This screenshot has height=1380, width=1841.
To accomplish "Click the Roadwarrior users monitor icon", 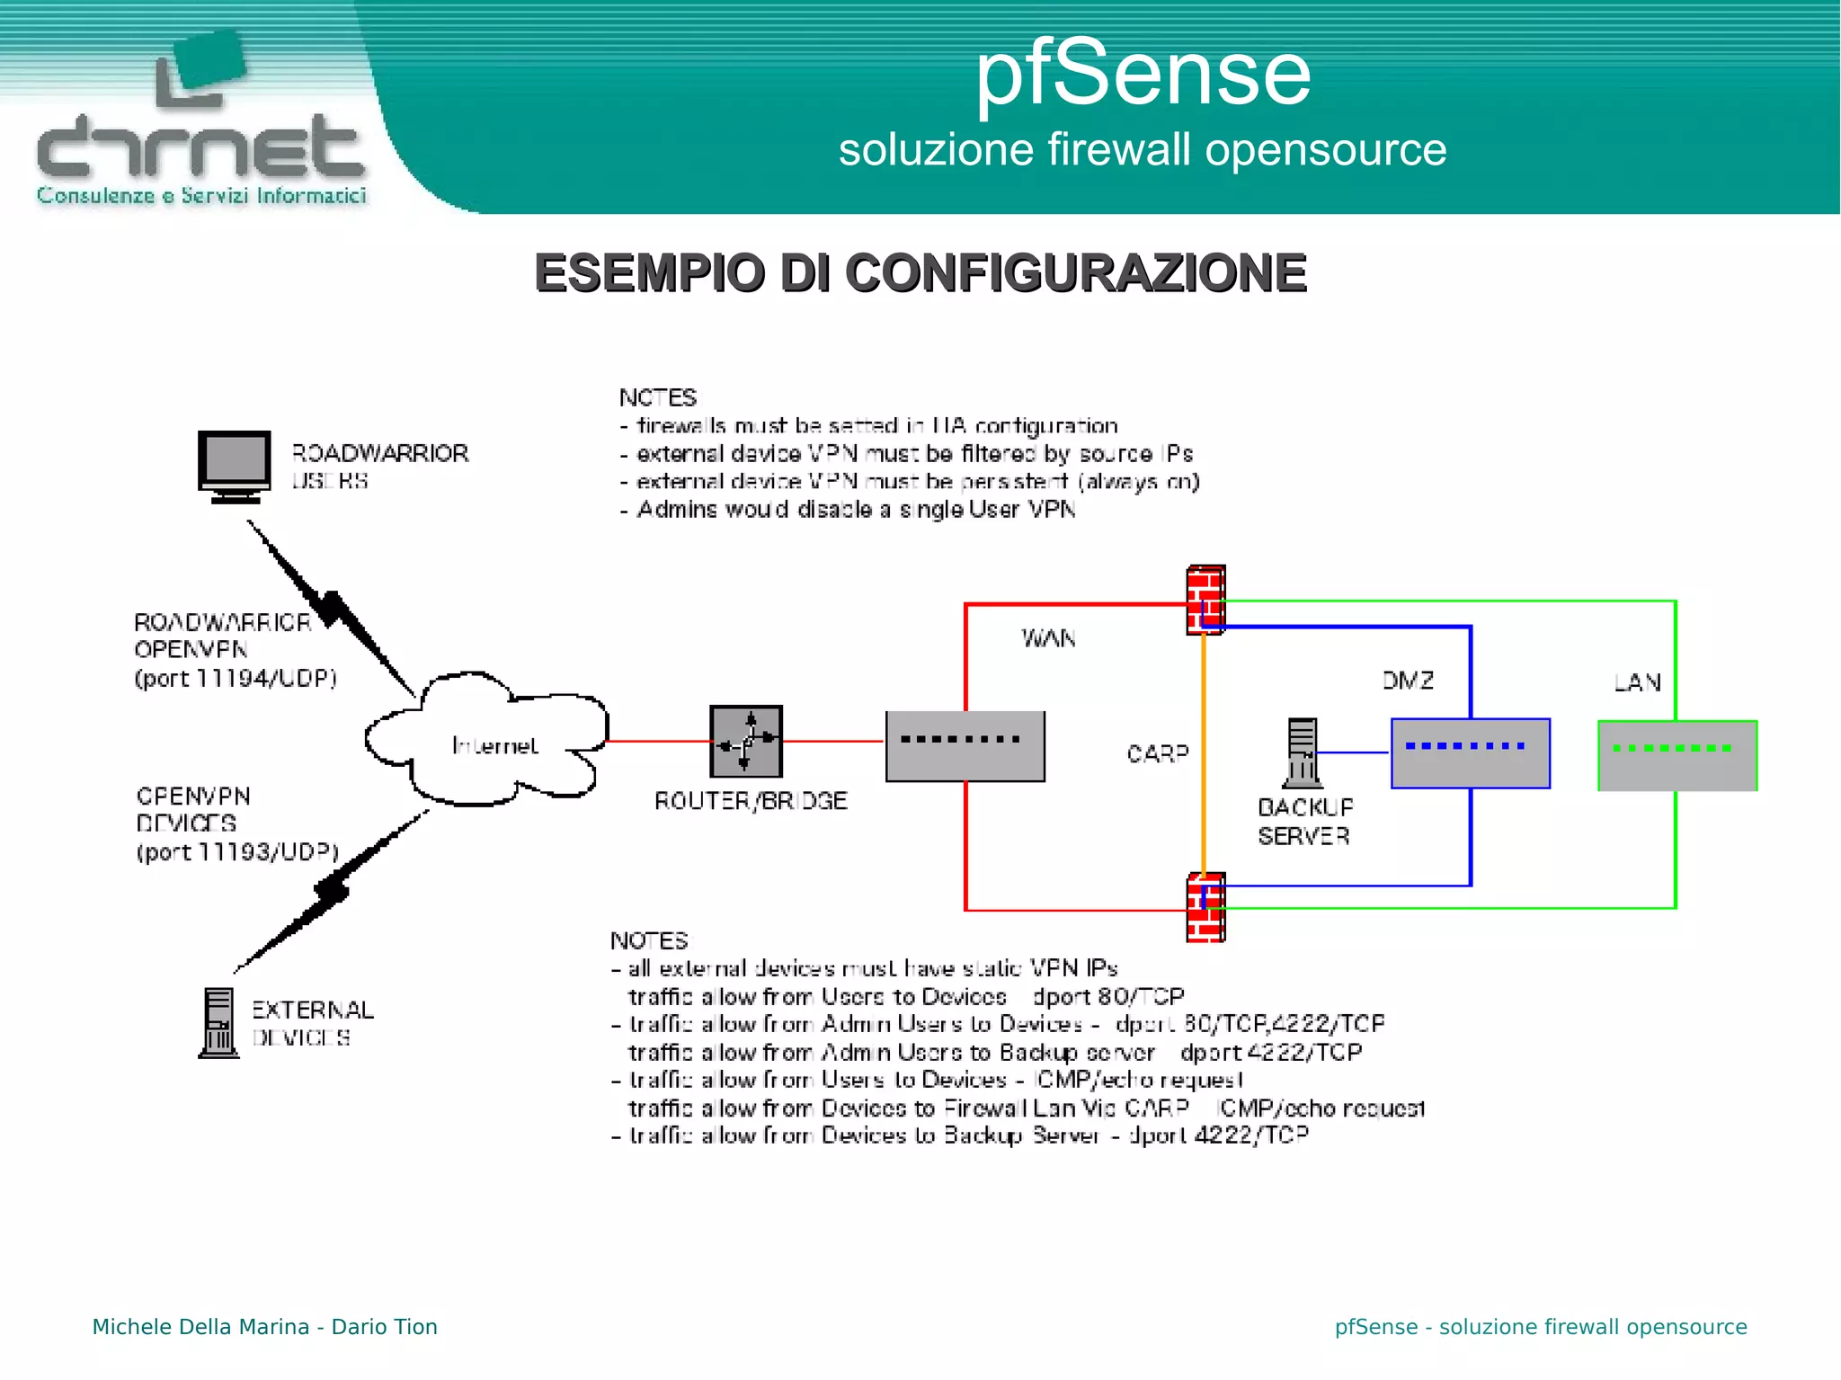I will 234,464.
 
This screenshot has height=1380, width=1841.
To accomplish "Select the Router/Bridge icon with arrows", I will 746,742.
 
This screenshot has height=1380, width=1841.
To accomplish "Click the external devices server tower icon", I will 218,1023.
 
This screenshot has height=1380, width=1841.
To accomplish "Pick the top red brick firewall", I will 1205,599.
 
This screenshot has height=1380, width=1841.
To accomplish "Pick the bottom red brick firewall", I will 1205,906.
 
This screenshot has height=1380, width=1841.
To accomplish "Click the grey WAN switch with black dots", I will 965,746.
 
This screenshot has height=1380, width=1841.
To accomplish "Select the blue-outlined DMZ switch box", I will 1470,753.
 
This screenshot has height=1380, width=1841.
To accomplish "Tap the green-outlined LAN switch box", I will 1677,755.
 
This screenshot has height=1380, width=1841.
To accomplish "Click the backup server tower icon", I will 1302,752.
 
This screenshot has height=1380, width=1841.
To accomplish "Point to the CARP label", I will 1157,753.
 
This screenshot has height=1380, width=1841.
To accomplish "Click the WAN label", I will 1048,638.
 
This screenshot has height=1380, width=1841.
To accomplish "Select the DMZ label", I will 1408,681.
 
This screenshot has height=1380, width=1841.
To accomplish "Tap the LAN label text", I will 1637,682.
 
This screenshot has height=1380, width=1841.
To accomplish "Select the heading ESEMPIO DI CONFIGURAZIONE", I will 920,273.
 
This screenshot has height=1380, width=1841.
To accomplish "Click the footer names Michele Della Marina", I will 200,1327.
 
